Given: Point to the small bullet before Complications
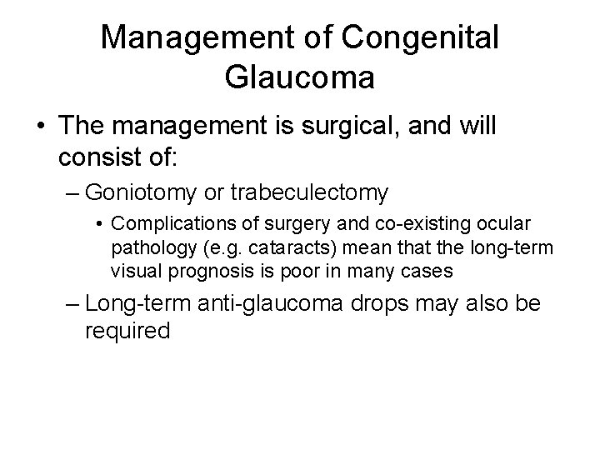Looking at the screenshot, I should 99,224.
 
